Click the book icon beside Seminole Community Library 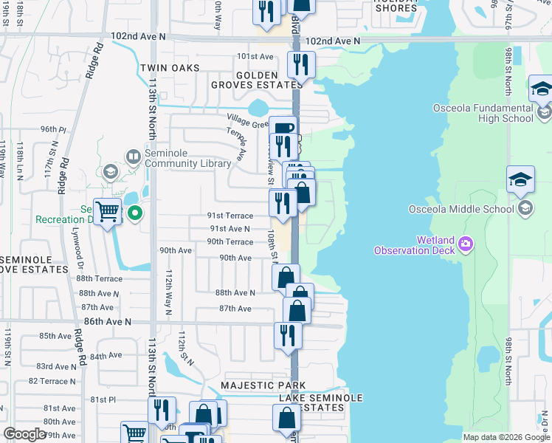(133, 156)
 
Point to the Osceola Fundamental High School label (483, 113)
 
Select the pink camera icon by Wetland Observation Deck (466, 243)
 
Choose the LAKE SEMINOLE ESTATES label (321, 402)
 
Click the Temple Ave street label (240, 145)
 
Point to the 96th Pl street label (53, 129)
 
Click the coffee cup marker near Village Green (283, 128)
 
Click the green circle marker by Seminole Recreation (134, 214)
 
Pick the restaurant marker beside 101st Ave (300, 63)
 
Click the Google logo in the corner (25, 434)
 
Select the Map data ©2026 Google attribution (506, 437)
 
